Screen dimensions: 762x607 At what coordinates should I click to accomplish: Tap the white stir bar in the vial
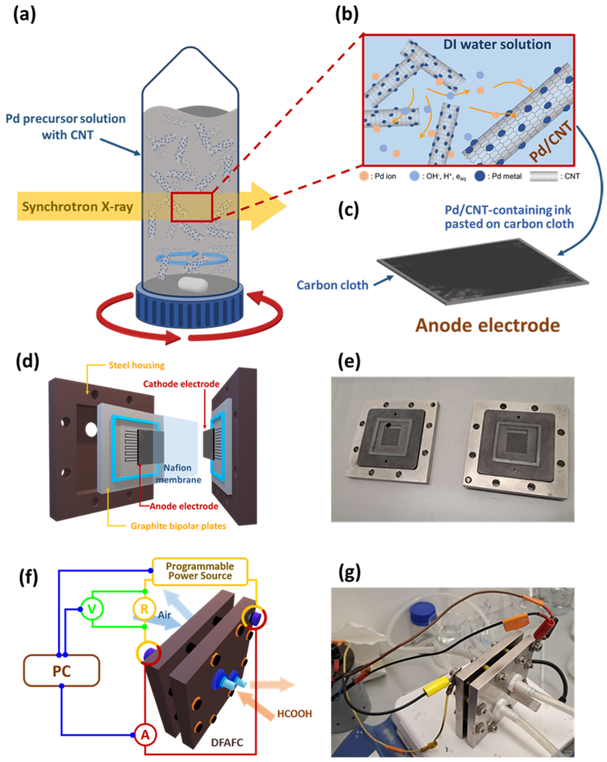click(193, 284)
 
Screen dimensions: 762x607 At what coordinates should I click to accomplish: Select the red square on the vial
click(192, 206)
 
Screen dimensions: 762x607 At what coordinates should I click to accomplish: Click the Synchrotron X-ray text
click(77, 206)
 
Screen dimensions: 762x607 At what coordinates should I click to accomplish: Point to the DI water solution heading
click(497, 45)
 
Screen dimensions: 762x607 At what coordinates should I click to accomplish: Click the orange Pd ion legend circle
click(364, 176)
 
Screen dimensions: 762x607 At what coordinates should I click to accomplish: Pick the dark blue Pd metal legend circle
click(480, 176)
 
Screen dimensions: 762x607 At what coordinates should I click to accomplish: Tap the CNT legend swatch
click(544, 176)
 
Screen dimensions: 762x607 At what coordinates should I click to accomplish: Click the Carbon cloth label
click(332, 285)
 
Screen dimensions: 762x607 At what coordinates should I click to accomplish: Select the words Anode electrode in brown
click(487, 326)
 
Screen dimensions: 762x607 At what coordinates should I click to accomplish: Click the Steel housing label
click(137, 365)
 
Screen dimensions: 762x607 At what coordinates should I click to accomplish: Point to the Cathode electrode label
click(181, 384)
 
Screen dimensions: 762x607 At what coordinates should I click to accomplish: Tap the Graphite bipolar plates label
click(178, 526)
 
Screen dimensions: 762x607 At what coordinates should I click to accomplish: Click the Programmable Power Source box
click(200, 571)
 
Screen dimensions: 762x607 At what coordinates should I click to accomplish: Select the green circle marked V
click(92, 609)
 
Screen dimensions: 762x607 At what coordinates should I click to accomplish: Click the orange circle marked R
click(144, 609)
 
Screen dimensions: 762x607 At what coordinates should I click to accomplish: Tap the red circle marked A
click(145, 734)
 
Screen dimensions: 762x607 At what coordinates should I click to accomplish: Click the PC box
click(61, 671)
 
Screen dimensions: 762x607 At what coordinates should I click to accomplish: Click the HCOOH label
click(294, 713)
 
